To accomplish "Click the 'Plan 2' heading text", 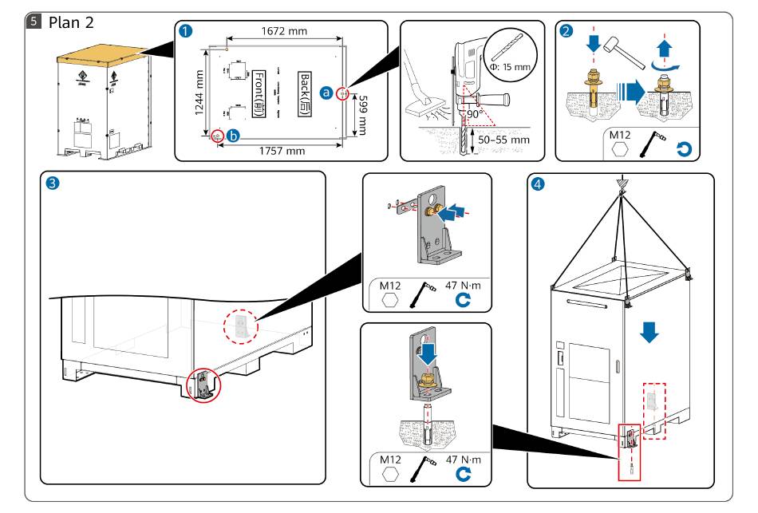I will (71, 22).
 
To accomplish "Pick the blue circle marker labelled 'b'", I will (232, 136).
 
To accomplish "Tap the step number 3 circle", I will (53, 183).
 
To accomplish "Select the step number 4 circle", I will (540, 184).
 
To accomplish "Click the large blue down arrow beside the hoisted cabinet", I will (651, 332).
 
